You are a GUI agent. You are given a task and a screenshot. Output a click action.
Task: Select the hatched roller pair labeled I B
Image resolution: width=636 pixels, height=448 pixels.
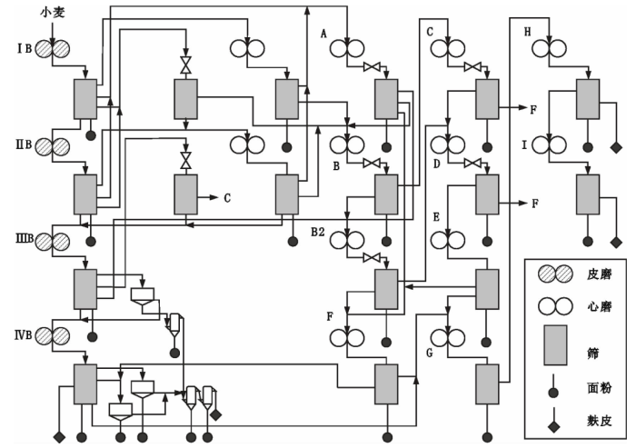(54, 50)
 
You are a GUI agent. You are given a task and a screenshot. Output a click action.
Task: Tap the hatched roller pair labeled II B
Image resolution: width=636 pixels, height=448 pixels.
(54, 146)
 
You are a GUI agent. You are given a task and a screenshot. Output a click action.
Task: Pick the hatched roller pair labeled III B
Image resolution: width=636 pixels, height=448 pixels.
(54, 242)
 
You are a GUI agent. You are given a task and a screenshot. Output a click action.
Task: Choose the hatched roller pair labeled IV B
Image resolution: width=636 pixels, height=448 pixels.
(54, 336)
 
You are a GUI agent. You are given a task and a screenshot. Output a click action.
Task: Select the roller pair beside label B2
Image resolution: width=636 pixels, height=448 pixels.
(346, 241)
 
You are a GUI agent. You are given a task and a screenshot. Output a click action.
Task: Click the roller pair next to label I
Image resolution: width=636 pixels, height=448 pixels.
(549, 144)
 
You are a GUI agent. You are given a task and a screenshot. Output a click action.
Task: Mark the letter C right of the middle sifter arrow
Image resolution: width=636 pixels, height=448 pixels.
(227, 196)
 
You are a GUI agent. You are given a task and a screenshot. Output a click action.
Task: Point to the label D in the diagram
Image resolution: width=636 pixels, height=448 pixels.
(436, 164)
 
